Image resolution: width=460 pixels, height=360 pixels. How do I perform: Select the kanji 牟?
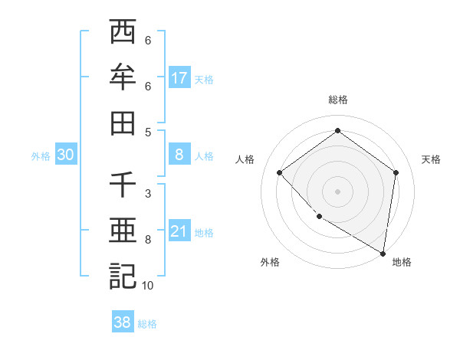pos(123,77)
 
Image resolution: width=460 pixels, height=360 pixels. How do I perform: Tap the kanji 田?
pos(123,123)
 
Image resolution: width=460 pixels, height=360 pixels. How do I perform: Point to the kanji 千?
pos(123,185)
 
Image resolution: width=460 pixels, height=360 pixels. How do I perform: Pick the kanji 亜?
pos(123,231)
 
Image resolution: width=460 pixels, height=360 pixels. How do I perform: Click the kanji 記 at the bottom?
pos(123,277)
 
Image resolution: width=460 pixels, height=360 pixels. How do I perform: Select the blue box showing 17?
pos(179,78)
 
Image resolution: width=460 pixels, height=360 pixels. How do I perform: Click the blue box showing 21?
pos(179,232)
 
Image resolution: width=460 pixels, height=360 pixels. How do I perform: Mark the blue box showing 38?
pos(123,323)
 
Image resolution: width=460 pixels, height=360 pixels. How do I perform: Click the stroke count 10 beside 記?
pos(148,286)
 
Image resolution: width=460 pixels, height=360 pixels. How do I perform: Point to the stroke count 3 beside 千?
pos(148,194)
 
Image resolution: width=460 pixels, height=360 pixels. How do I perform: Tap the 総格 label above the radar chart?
pos(338,100)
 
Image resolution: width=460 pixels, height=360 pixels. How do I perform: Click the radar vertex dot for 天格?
pos(396,172)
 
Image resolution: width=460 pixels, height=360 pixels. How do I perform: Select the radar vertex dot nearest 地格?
pos(383,252)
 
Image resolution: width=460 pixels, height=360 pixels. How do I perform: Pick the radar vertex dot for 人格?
pos(280,172)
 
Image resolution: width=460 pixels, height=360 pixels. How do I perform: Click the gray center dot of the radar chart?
pos(338,191)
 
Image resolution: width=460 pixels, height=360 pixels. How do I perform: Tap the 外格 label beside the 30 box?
pos(41,156)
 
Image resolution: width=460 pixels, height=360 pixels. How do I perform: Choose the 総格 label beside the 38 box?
pos(148,324)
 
